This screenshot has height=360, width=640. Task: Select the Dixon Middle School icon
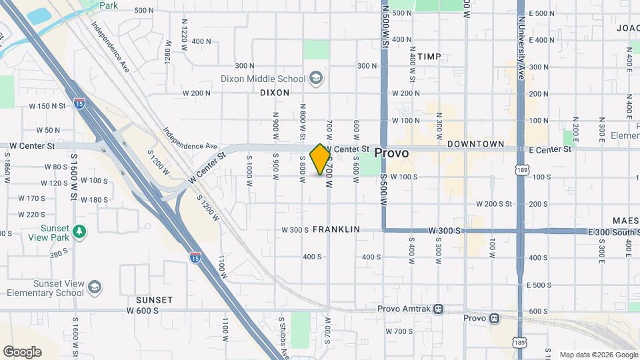pyautogui.click(x=316, y=79)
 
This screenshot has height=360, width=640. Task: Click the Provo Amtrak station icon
pyautogui.click(x=438, y=309)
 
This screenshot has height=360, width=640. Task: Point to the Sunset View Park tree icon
pyautogui.click(x=80, y=231)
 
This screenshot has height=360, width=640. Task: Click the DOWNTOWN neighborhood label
pyautogui.click(x=475, y=144)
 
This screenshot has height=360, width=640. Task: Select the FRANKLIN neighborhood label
pyautogui.click(x=336, y=229)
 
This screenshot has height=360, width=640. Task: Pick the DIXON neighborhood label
pyautogui.click(x=275, y=93)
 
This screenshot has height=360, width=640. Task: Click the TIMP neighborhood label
pyautogui.click(x=429, y=57)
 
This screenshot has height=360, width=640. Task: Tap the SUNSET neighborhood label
pyautogui.click(x=154, y=300)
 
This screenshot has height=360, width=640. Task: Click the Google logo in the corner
pyautogui.click(x=22, y=351)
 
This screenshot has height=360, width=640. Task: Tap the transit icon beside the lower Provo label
pyautogui.click(x=493, y=319)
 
